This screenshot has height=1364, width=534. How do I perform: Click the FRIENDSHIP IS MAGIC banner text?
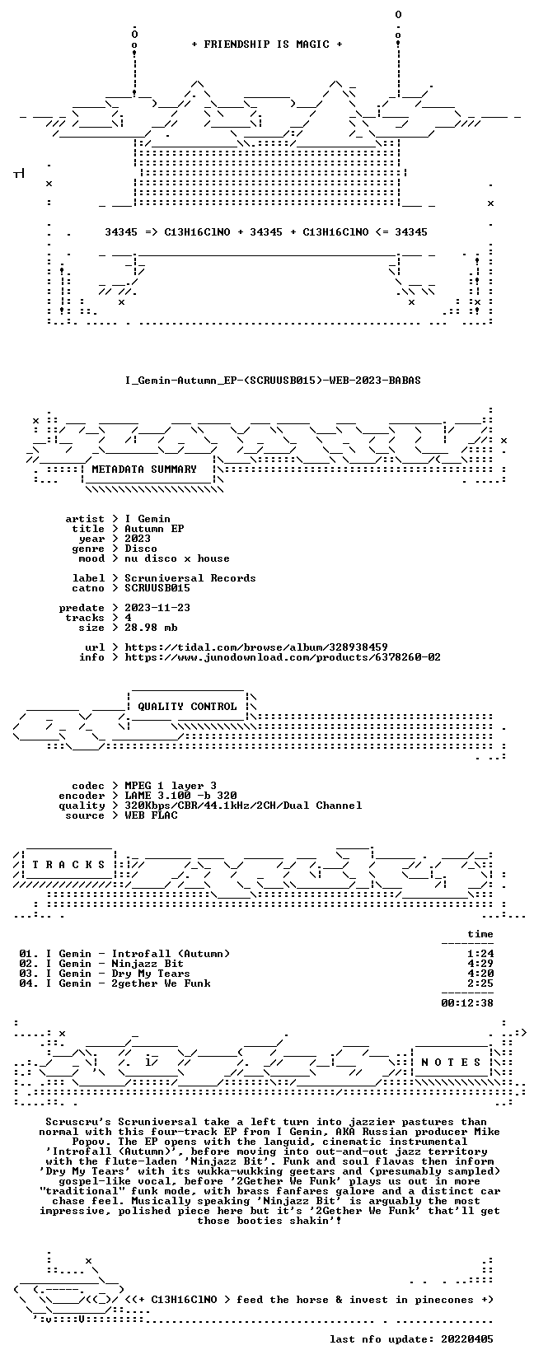coord(267,44)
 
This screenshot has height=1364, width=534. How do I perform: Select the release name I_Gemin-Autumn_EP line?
coord(273,381)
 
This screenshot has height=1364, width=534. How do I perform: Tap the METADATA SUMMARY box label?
coord(144,469)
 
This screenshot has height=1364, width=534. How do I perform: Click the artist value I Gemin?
coord(148,519)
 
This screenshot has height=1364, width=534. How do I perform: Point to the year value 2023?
coord(138,539)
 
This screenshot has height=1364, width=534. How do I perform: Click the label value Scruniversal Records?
coord(190,578)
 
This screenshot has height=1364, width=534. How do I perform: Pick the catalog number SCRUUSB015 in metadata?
coord(157,587)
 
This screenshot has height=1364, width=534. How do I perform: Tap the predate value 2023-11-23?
coord(157,608)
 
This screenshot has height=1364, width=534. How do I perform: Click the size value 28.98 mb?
coord(151,627)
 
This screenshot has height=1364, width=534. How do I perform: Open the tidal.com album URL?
coord(256,647)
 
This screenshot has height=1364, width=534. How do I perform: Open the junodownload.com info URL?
coord(283,657)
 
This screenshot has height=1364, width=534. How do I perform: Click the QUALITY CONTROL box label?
coord(187,707)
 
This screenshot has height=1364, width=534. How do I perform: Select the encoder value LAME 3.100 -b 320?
coord(180,796)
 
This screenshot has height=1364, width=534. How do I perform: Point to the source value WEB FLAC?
coord(151,815)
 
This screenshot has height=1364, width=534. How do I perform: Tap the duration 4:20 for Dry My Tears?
coord(480,973)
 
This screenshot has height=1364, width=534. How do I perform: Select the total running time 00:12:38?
coord(467,1003)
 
